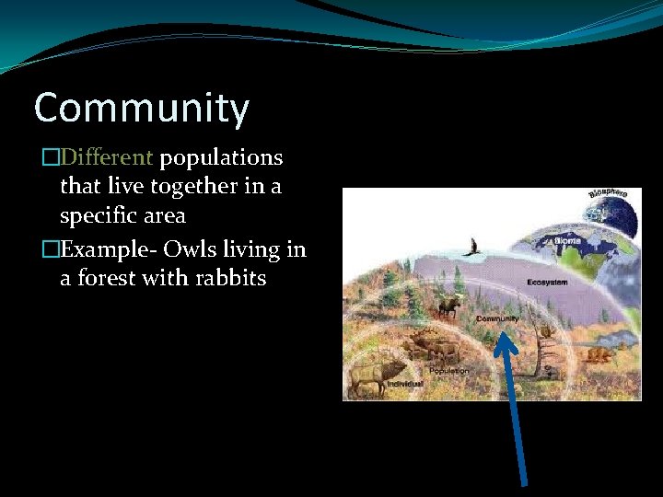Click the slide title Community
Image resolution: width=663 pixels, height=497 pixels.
click(141, 109)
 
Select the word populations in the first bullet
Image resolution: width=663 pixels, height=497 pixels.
click(221, 158)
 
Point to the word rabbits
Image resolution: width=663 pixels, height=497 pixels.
click(230, 278)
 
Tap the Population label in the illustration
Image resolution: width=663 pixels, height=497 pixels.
click(448, 370)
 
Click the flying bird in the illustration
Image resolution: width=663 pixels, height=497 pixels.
click(475, 247)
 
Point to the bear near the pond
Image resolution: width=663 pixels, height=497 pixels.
click(598, 356)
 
